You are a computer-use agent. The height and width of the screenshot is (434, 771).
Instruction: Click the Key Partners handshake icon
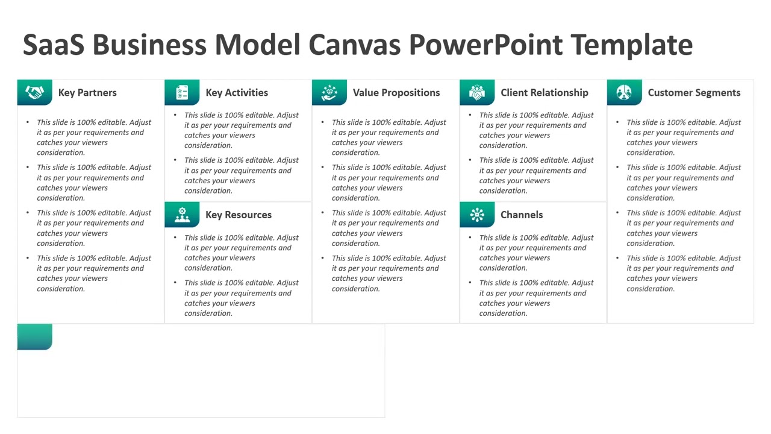[x=34, y=93]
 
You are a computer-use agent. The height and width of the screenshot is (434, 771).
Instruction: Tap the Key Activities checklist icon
[x=182, y=93]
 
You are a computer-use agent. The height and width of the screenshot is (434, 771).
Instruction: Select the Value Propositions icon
[x=329, y=93]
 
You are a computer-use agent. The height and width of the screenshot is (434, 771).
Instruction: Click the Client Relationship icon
[x=477, y=93]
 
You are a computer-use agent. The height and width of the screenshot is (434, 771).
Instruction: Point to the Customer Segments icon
[x=625, y=93]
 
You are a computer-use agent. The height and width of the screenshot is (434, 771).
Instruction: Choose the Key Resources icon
[x=182, y=215]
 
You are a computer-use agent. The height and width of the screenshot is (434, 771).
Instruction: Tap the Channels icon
[x=477, y=215]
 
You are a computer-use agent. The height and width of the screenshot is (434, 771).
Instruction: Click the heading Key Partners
[x=87, y=93]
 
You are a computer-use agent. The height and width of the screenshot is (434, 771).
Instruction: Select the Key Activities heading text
[x=237, y=93]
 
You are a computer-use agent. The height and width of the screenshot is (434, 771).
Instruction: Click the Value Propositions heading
[x=396, y=93]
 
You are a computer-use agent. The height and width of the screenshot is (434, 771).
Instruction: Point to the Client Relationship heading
[x=545, y=93]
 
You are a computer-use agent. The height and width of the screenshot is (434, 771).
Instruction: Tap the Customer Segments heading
[x=694, y=93]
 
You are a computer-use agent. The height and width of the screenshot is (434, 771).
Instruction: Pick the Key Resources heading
[x=239, y=215]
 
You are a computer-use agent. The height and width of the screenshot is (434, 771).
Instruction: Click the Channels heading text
[x=522, y=215]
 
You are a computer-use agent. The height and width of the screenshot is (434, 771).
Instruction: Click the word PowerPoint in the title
[x=486, y=45]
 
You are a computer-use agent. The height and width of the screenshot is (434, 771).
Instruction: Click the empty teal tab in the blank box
[x=34, y=337]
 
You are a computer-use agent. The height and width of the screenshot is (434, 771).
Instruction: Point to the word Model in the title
[x=257, y=45]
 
